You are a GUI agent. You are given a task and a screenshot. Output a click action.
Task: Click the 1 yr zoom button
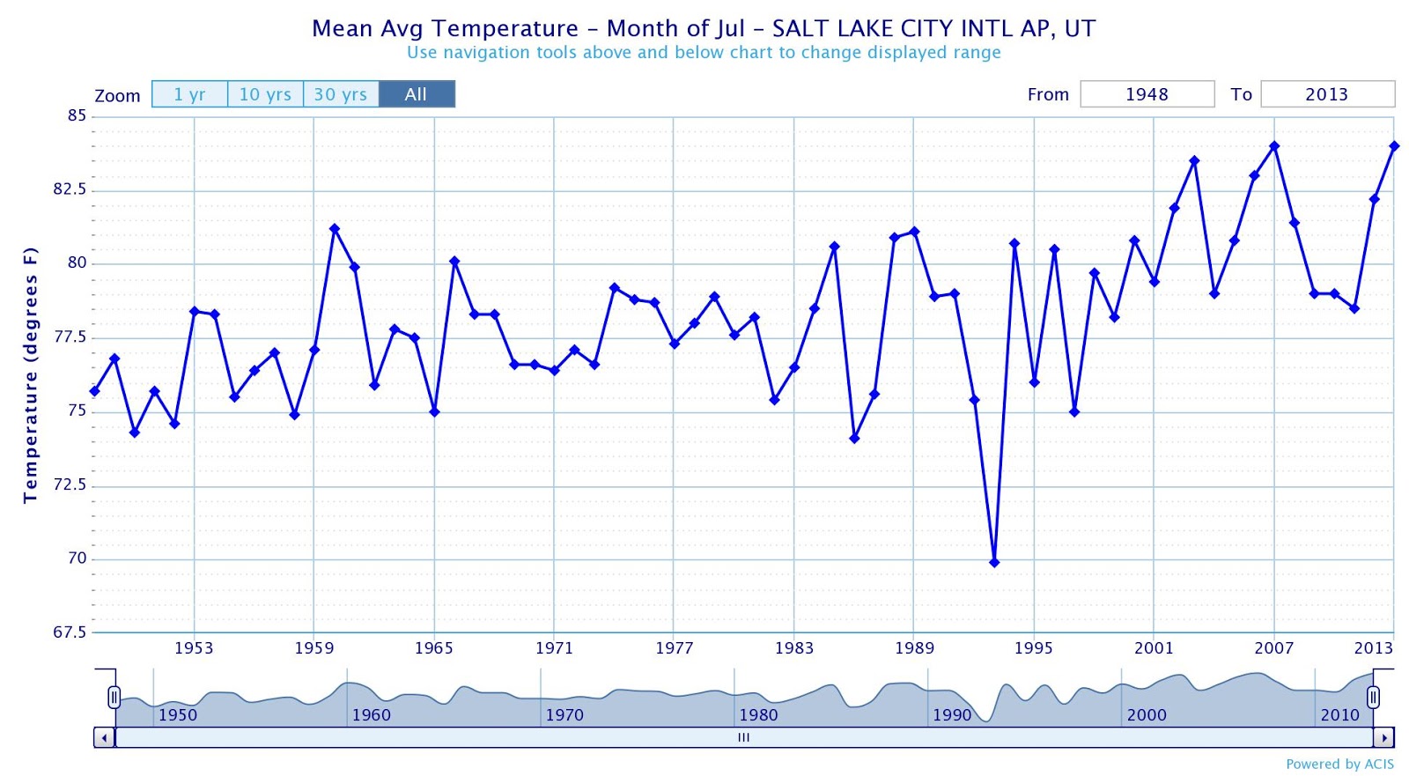click(x=189, y=94)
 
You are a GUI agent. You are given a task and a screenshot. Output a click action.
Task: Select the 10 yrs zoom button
click(x=265, y=94)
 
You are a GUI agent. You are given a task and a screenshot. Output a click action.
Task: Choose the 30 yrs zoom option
click(x=341, y=94)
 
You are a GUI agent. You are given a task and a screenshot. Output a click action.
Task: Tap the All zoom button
click(x=417, y=94)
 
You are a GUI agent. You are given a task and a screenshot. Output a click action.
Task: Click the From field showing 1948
click(x=1147, y=94)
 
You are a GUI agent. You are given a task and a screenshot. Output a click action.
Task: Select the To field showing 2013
click(x=1327, y=94)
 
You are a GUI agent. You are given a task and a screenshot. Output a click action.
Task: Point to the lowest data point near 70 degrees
click(x=994, y=562)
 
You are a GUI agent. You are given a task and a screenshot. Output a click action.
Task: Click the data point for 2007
click(x=1274, y=146)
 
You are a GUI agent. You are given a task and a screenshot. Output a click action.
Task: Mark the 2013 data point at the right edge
click(x=1394, y=146)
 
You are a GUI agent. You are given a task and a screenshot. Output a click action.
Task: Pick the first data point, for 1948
click(x=95, y=391)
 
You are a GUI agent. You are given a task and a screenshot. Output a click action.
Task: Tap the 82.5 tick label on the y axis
click(x=70, y=189)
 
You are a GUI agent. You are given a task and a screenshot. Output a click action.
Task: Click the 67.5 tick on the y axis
click(x=70, y=632)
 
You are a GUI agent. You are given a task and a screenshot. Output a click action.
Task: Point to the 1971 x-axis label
click(x=554, y=648)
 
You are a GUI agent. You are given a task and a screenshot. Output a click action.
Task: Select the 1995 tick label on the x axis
click(x=1033, y=648)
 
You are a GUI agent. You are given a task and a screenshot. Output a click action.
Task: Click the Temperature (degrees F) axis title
click(x=31, y=375)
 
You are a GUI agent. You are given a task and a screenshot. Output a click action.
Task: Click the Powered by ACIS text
click(x=1339, y=764)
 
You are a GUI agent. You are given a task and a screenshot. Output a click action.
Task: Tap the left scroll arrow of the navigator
click(x=105, y=737)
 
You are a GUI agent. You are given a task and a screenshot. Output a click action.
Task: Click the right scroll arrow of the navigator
click(x=1383, y=737)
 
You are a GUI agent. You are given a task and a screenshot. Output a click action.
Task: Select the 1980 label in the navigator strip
click(x=758, y=714)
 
